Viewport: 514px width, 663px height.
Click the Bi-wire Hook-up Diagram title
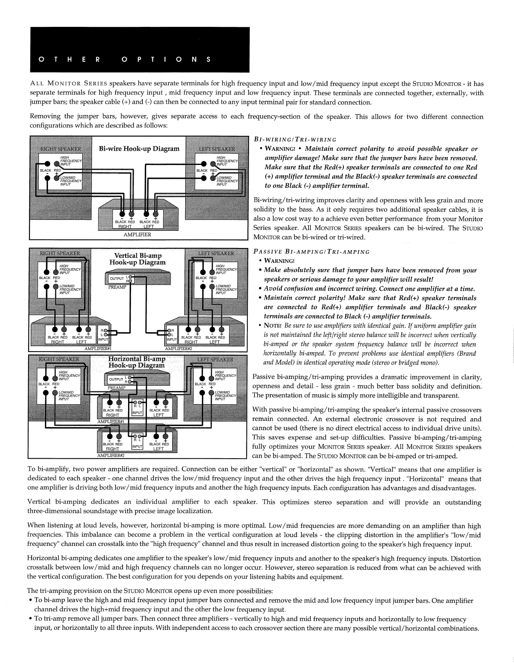[139, 149]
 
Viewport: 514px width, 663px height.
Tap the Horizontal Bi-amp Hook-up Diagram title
[136, 362]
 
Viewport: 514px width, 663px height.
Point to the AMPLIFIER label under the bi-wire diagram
[137, 235]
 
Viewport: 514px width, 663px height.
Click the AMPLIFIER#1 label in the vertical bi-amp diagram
[98, 348]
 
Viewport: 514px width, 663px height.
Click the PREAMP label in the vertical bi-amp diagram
[115, 287]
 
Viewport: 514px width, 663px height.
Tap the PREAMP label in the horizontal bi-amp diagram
[116, 388]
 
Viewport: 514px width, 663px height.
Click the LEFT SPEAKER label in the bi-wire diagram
[216, 149]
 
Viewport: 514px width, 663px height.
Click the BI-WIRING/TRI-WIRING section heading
[295, 140]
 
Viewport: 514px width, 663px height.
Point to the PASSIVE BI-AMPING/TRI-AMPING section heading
[312, 252]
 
